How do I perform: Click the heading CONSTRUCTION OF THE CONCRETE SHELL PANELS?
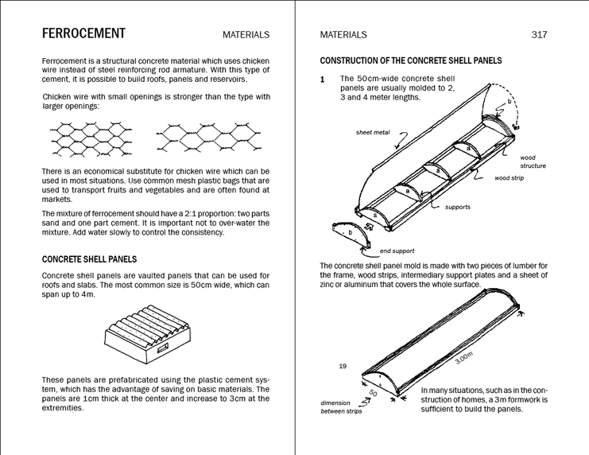pos(411,60)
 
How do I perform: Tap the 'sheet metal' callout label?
pos(373,131)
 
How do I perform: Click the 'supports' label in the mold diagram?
pos(457,207)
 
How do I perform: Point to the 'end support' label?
pos(397,251)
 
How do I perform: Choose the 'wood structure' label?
pos(533,161)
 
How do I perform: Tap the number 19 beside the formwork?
pos(343,366)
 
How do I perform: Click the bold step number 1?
pos(323,80)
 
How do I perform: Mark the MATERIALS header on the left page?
pos(246,35)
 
